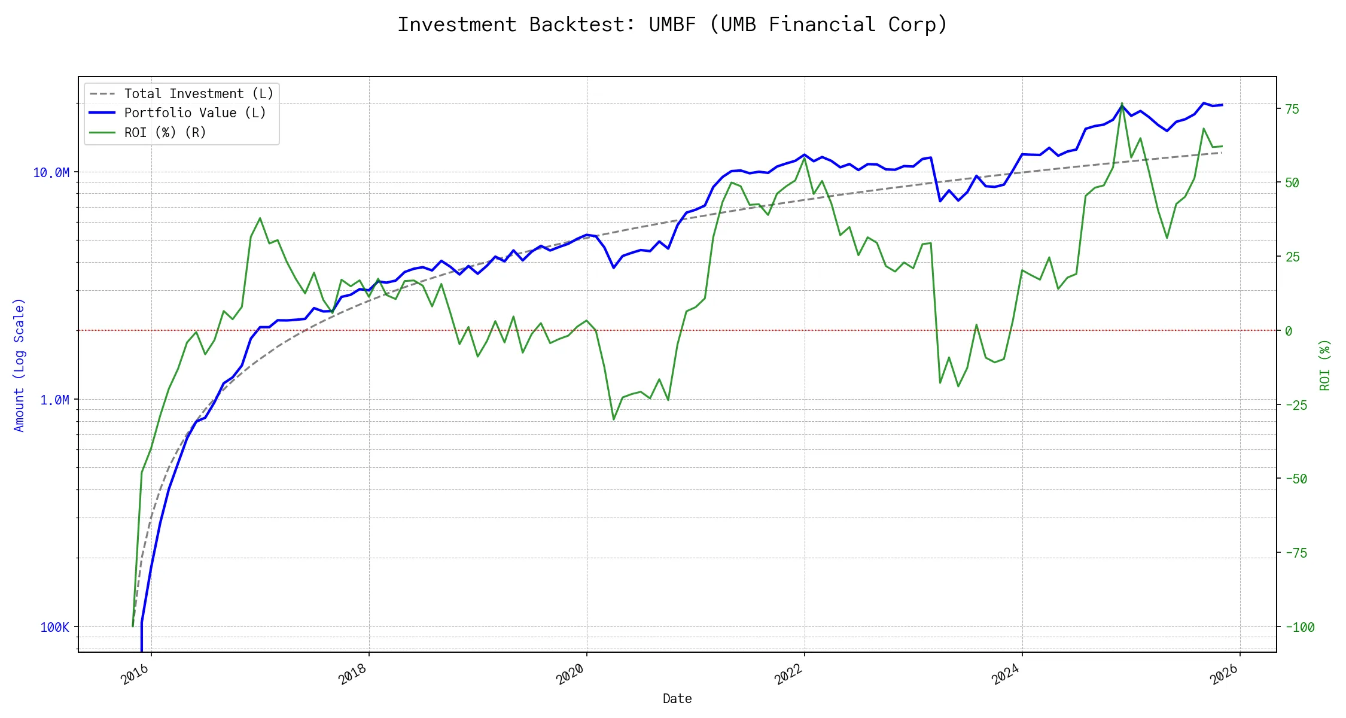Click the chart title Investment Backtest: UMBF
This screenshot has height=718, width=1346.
[672, 25]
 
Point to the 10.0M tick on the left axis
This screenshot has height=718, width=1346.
[51, 173]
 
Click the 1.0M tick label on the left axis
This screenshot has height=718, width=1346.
[54, 400]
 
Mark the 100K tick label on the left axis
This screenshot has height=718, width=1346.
[54, 628]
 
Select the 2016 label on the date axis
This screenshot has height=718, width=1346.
[135, 675]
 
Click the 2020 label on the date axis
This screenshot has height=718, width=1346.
[570, 675]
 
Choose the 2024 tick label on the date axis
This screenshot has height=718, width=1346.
[1006, 675]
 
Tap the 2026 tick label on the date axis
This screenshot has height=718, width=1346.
[1223, 675]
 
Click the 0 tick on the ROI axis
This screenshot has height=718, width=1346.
[1289, 331]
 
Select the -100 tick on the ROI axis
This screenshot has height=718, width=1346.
[1300, 628]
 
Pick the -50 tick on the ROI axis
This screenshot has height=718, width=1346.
[1296, 479]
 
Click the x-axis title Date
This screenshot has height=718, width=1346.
[677, 699]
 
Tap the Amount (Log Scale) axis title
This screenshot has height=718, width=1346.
[19, 365]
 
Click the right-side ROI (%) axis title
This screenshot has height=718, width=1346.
[1325, 365]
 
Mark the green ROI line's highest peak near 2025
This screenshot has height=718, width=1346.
[1122, 104]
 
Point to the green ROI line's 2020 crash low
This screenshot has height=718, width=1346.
[614, 419]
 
